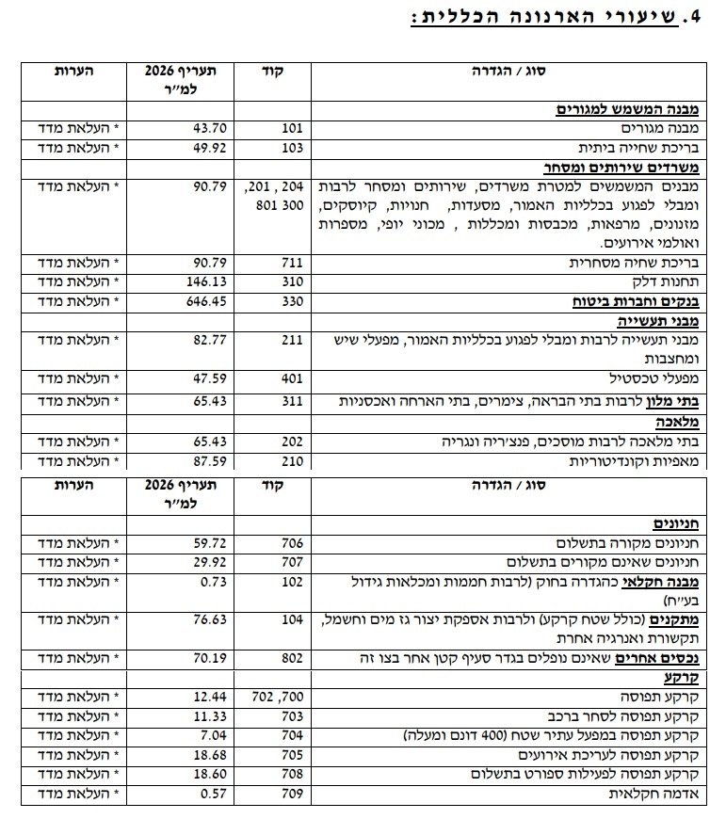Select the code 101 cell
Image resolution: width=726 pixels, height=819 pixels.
[291, 128]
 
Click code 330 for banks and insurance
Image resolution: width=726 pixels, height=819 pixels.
[291, 302]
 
